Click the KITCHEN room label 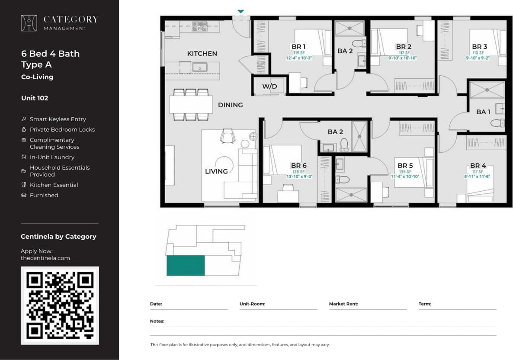[x=202, y=54]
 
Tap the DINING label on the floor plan [x=230, y=105]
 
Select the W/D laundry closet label [x=269, y=87]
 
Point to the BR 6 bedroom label [x=298, y=165]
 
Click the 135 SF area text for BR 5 [x=405, y=172]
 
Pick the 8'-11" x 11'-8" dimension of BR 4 [x=478, y=177]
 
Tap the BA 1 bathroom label [x=483, y=112]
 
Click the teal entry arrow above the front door [x=241, y=12]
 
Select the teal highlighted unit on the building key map [x=186, y=265]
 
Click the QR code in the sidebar [x=60, y=305]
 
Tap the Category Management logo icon [x=29, y=23]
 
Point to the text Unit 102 [x=35, y=98]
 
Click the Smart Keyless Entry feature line [x=58, y=119]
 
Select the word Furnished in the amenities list [x=44, y=195]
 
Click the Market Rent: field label [x=343, y=304]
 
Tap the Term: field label [x=425, y=304]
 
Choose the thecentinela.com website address [x=45, y=258]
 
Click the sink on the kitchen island [x=199, y=67]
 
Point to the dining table [x=191, y=104]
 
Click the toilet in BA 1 [x=497, y=123]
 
